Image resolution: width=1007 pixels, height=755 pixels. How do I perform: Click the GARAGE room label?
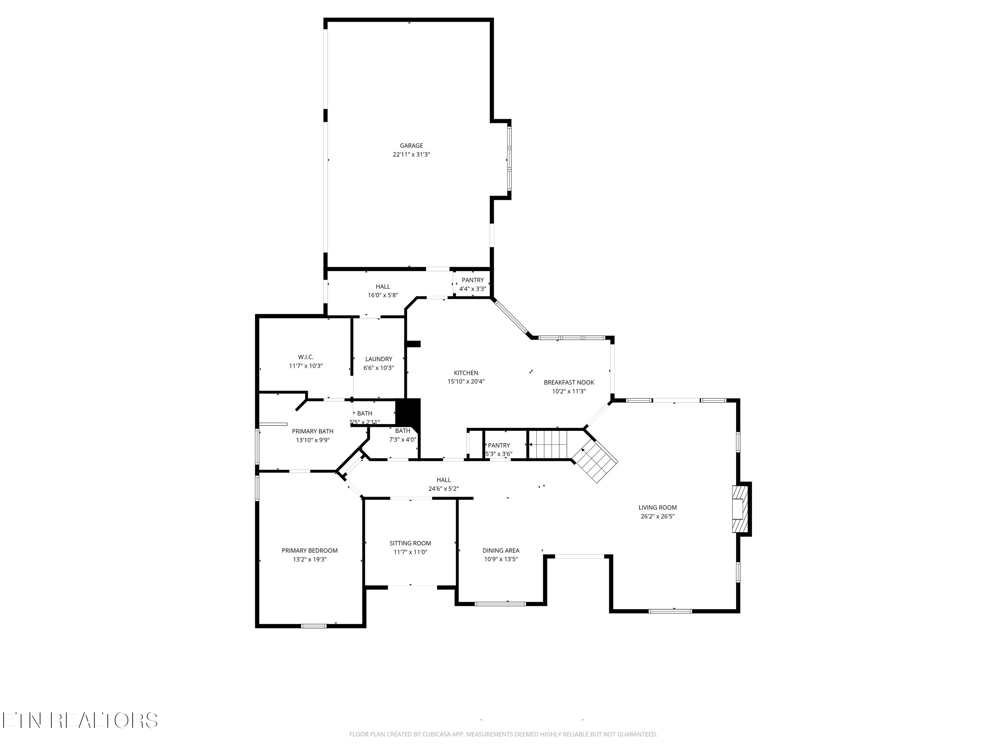coord(411,146)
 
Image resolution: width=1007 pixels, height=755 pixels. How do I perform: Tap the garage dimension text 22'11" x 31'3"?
coord(411,155)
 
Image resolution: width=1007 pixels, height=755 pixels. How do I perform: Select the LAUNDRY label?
coord(378,359)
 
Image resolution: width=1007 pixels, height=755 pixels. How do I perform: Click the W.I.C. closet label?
coord(305,357)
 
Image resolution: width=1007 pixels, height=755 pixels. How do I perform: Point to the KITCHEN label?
coord(466,373)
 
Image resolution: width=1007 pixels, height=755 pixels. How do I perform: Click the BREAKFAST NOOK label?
coord(569,382)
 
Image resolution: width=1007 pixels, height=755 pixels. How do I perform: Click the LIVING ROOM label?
coord(657,507)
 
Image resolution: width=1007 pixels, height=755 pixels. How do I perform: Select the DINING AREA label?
coord(501,551)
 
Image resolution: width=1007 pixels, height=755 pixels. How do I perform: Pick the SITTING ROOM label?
coord(410,543)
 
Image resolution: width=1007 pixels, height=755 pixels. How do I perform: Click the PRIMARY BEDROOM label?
coord(309,551)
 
